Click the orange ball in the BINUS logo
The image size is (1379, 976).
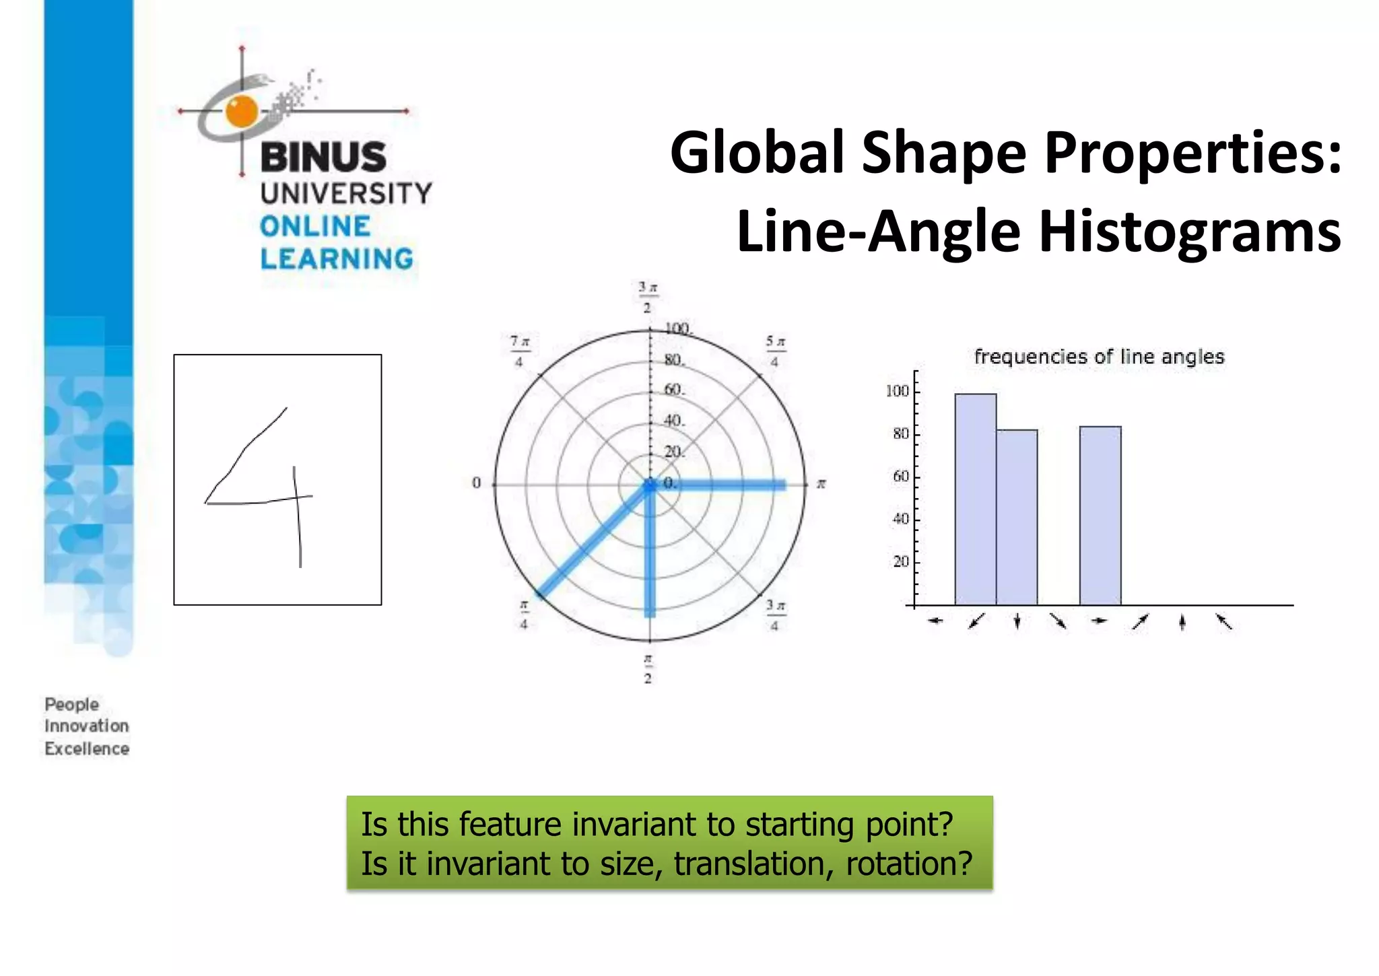(242, 111)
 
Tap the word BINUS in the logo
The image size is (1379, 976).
(323, 157)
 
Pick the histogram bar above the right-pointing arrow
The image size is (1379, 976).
(1100, 516)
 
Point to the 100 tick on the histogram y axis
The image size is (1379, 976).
(897, 391)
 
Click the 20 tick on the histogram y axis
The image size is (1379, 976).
(900, 561)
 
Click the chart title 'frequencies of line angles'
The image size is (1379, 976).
(1099, 357)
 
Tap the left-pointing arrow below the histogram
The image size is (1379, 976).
(935, 621)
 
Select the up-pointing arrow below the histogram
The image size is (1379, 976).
(1182, 623)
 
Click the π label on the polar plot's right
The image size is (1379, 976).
(821, 484)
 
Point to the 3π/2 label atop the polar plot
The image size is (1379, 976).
(647, 298)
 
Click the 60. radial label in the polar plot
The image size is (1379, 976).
(673, 390)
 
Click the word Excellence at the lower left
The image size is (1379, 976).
(87, 748)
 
